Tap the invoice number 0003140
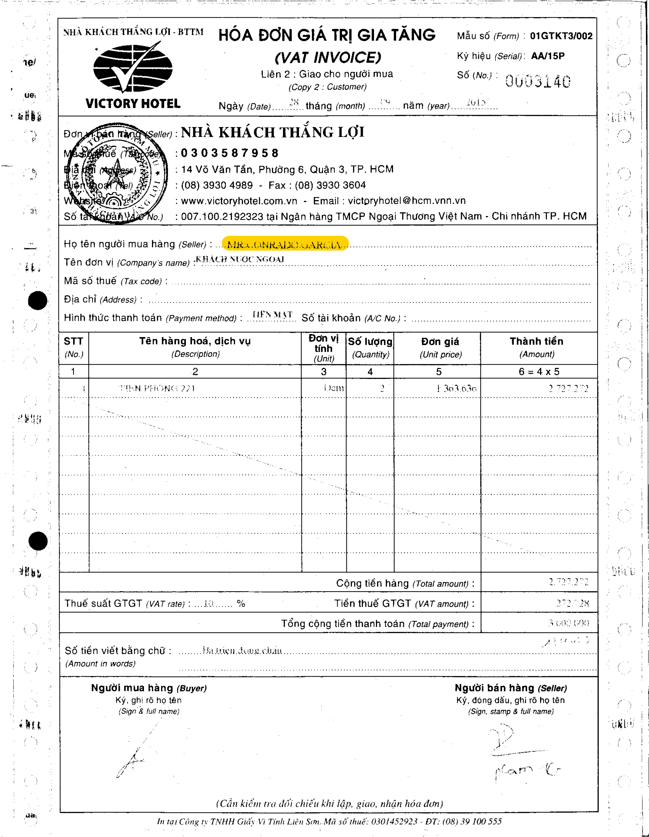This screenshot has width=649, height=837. pyautogui.click(x=538, y=81)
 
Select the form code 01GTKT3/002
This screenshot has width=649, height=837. pyautogui.click(x=561, y=36)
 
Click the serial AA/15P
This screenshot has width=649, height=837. pyautogui.click(x=548, y=56)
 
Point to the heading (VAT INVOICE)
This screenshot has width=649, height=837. pyautogui.click(x=328, y=58)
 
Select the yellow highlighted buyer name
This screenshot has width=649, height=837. pyautogui.click(x=285, y=244)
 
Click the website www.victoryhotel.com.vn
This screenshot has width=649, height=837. pyautogui.click(x=239, y=201)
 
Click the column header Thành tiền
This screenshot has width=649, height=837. pyautogui.click(x=536, y=341)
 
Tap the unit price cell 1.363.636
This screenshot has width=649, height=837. pyautogui.click(x=456, y=389)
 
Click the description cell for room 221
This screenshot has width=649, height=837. pyautogui.click(x=157, y=388)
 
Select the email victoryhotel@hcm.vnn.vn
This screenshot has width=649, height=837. pyautogui.click(x=407, y=201)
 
